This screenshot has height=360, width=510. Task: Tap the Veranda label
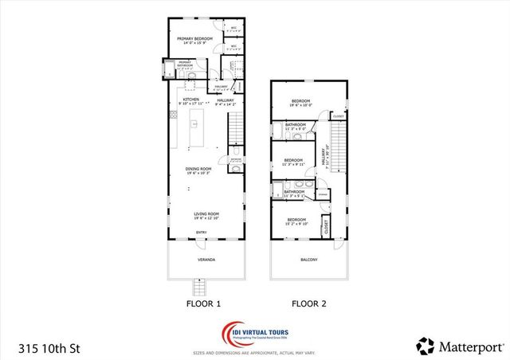tap(206, 260)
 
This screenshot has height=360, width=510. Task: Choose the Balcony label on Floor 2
tap(308, 260)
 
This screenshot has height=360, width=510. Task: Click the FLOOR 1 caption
tap(202, 303)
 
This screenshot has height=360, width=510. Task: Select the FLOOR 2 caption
tap(308, 303)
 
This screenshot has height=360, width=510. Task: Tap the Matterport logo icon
tap(426, 346)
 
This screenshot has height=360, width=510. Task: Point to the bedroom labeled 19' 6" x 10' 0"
tap(300, 103)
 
